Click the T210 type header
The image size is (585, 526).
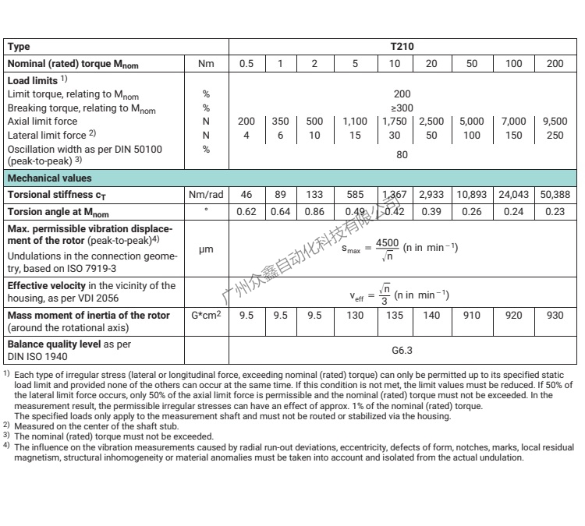tap(402, 47)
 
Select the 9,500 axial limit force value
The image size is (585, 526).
tap(554, 122)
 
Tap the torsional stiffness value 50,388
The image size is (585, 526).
tap(554, 194)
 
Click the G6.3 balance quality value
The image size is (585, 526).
tap(402, 351)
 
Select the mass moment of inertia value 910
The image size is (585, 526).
tap(471, 316)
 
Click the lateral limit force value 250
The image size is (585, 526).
tap(554, 136)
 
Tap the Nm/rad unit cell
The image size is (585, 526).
tap(207, 194)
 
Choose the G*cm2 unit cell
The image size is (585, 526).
tap(207, 316)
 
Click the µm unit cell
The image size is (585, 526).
tap(207, 249)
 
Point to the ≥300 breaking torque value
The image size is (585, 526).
tap(402, 108)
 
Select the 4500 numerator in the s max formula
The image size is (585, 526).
tap(387, 242)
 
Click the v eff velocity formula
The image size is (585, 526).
tap(402, 295)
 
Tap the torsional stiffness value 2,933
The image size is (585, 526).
tap(431, 194)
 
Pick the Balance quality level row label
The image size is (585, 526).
tap(69, 344)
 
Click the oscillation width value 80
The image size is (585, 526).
tap(402, 155)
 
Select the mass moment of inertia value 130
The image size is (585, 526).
tap(355, 316)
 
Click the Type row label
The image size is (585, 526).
tap(19, 47)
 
